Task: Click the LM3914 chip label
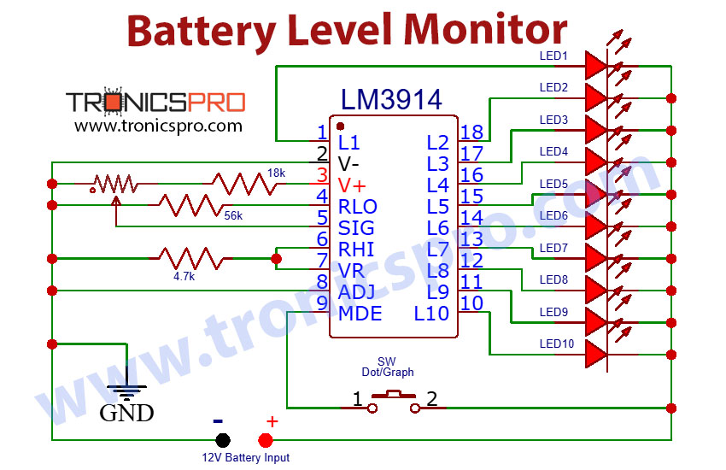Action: (391, 99)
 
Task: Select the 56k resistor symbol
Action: (186, 204)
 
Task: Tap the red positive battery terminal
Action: (265, 440)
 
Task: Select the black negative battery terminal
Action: (222, 440)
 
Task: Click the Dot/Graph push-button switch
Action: (394, 400)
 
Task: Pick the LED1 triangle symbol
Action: (596, 66)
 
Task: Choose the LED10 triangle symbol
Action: (596, 355)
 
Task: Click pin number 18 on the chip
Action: (471, 132)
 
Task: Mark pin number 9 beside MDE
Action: (322, 303)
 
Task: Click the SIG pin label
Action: (356, 227)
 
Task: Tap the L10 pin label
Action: (431, 314)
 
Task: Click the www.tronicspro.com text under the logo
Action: (158, 126)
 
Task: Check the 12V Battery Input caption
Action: (245, 458)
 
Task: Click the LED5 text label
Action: (553, 184)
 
